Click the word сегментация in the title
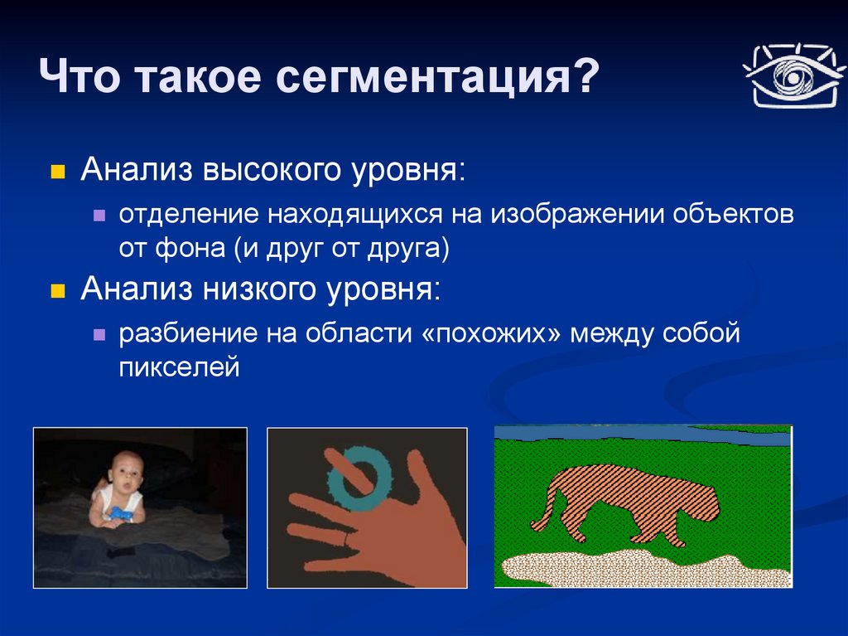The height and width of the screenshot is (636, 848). pyautogui.click(x=423, y=77)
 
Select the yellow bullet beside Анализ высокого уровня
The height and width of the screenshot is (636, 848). pyautogui.click(x=57, y=172)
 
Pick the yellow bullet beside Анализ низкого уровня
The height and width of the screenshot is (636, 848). pyautogui.click(x=57, y=291)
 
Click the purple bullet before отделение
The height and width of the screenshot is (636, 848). pyautogui.click(x=99, y=216)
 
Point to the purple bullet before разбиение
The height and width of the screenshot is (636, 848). pyautogui.click(x=99, y=335)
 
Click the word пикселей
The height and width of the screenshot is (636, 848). pyautogui.click(x=179, y=367)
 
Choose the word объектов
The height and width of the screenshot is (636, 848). pyautogui.click(x=734, y=215)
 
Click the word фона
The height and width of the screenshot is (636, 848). pyautogui.click(x=190, y=250)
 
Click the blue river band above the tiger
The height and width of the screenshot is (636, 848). pyautogui.click(x=643, y=434)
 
